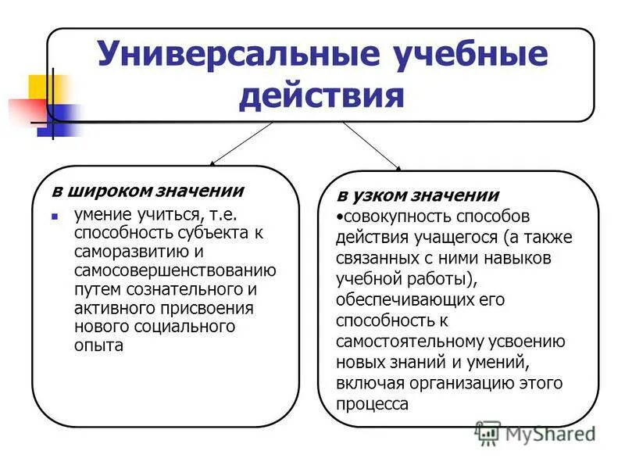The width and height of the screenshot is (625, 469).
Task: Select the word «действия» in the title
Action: [322, 97]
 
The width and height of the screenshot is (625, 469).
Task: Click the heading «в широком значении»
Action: [148, 191]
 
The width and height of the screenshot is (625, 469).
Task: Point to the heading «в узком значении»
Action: [417, 195]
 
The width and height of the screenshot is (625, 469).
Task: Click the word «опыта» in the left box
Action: [98, 345]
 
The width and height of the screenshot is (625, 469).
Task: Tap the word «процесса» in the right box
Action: [373, 405]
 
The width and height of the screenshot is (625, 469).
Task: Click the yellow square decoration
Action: [39, 85]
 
